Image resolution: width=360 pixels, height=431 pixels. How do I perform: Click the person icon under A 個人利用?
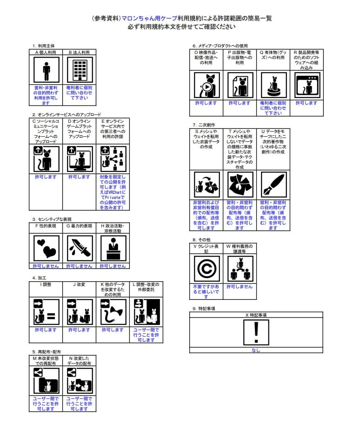tap(46, 70)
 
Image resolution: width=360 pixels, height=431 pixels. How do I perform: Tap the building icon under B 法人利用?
tap(79, 70)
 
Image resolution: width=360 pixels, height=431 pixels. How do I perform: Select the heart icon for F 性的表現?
tap(46, 248)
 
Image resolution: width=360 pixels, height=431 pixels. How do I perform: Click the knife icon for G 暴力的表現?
tap(79, 248)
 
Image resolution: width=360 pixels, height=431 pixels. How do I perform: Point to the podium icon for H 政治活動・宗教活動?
tap(113, 248)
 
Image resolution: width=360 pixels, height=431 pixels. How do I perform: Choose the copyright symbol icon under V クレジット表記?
tap(206, 269)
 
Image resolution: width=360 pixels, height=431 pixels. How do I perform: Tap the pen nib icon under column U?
tap(273, 185)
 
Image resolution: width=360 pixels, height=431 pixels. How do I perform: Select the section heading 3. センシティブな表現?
tap(52, 219)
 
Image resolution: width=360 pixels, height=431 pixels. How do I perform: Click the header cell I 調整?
tap(46, 284)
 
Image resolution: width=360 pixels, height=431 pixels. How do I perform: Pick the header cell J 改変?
tap(79, 284)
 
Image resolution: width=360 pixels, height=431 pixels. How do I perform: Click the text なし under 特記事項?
tap(256, 350)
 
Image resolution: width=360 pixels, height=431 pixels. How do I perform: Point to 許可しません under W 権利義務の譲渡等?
tap(239, 287)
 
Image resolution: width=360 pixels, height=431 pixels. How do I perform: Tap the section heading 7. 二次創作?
tap(203, 125)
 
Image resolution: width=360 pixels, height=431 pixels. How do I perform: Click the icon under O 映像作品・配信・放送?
tap(206, 85)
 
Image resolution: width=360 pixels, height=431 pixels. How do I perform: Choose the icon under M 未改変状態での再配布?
tap(46, 381)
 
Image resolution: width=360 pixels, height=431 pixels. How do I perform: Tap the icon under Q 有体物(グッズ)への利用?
tap(273, 85)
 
